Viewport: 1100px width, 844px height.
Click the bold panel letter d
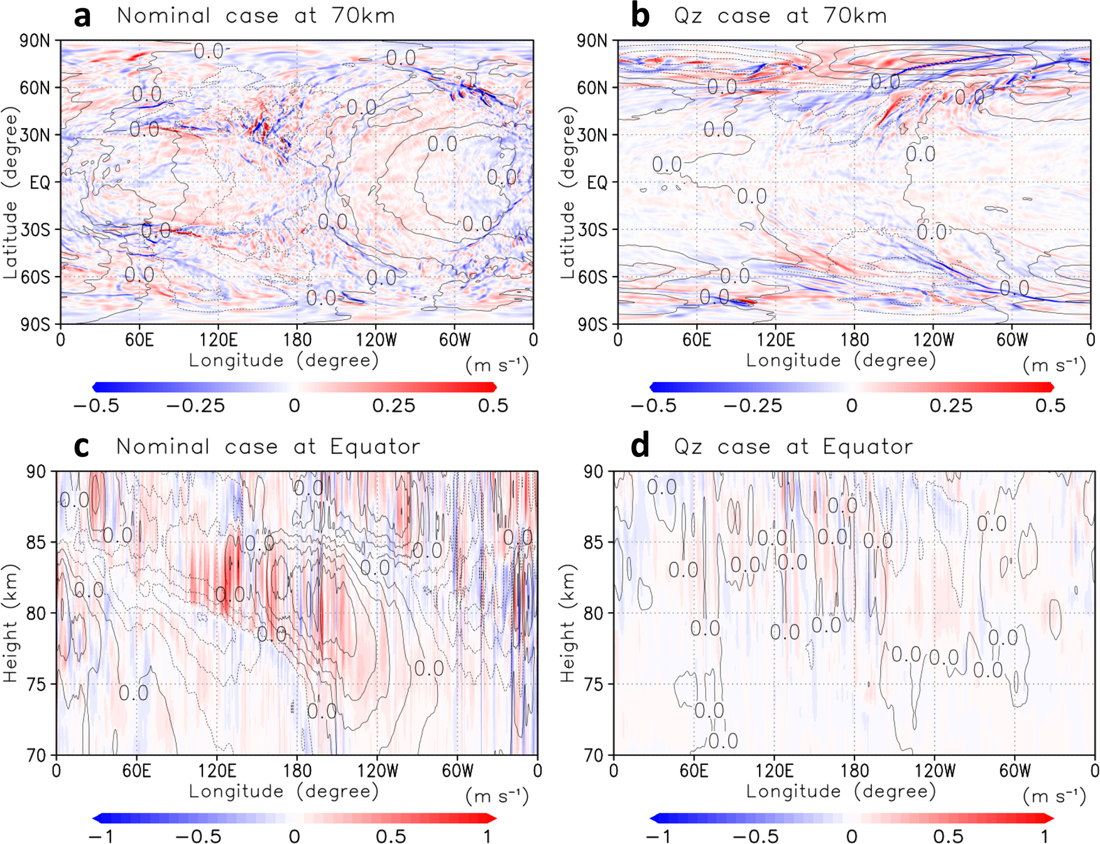pos(640,447)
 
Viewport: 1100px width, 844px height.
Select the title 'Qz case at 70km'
pos(780,16)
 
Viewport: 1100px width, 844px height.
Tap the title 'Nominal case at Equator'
pos(268,447)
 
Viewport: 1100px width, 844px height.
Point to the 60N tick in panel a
pos(35,88)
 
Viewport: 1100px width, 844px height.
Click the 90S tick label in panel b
pos(592,324)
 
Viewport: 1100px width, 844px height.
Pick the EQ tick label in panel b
pos(597,183)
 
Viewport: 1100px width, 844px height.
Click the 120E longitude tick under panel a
pos(219,340)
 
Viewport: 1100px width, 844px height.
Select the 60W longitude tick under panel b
pos(1012,340)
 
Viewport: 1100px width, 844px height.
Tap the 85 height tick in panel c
pos(36,542)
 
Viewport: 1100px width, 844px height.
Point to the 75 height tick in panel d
pos(594,684)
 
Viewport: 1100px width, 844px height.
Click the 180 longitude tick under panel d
pos(854,770)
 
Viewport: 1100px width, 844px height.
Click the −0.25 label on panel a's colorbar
pos(195,406)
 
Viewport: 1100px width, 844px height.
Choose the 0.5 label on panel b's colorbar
pos(1050,406)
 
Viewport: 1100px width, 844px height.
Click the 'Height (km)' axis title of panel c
pos(11,623)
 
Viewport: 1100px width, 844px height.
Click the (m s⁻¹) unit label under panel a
pos(497,364)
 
